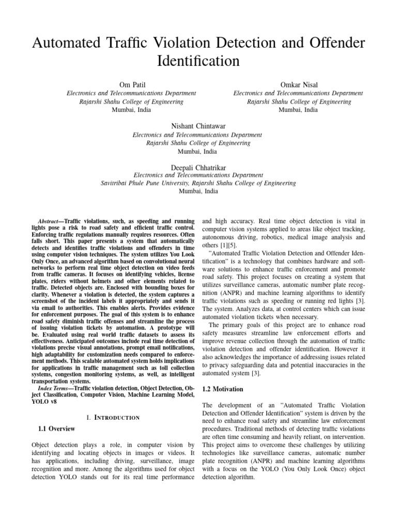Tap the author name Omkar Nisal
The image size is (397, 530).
tap(298, 84)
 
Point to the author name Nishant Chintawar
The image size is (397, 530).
tap(197, 126)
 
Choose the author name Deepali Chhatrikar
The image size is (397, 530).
tap(198, 167)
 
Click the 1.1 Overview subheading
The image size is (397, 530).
tap(57, 429)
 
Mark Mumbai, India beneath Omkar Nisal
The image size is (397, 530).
tap(298, 110)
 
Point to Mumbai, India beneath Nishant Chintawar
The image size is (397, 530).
tap(197, 152)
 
